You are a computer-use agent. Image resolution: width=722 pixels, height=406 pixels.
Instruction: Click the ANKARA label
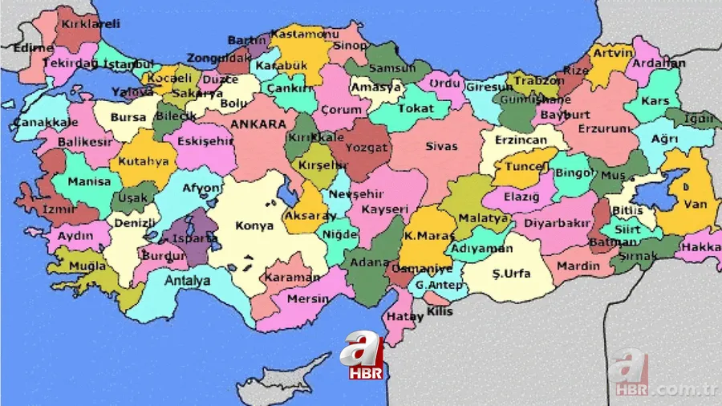pos(258,124)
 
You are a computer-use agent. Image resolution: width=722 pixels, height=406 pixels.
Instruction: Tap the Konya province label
pos(254,226)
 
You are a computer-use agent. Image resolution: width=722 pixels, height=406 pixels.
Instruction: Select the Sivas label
pos(441,147)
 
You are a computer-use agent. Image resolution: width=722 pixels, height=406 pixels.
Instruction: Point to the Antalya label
pos(187,281)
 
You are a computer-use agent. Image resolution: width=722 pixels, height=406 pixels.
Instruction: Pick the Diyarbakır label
pos(557,223)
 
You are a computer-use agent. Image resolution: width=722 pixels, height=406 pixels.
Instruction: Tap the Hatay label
pos(404,317)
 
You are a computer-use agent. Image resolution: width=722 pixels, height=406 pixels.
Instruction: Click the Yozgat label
pos(366,148)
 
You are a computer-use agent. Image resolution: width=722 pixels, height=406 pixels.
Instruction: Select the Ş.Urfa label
pos(511,274)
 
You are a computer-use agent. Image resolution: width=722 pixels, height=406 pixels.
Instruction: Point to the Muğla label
pos(87,266)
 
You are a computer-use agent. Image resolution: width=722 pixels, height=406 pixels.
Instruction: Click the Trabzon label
pos(535,81)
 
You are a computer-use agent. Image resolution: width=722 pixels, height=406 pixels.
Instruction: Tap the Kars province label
pos(655,102)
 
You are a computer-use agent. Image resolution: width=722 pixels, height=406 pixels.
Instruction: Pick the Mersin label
pos(308,299)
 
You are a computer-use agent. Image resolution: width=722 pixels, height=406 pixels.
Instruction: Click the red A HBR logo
pos(363,357)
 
